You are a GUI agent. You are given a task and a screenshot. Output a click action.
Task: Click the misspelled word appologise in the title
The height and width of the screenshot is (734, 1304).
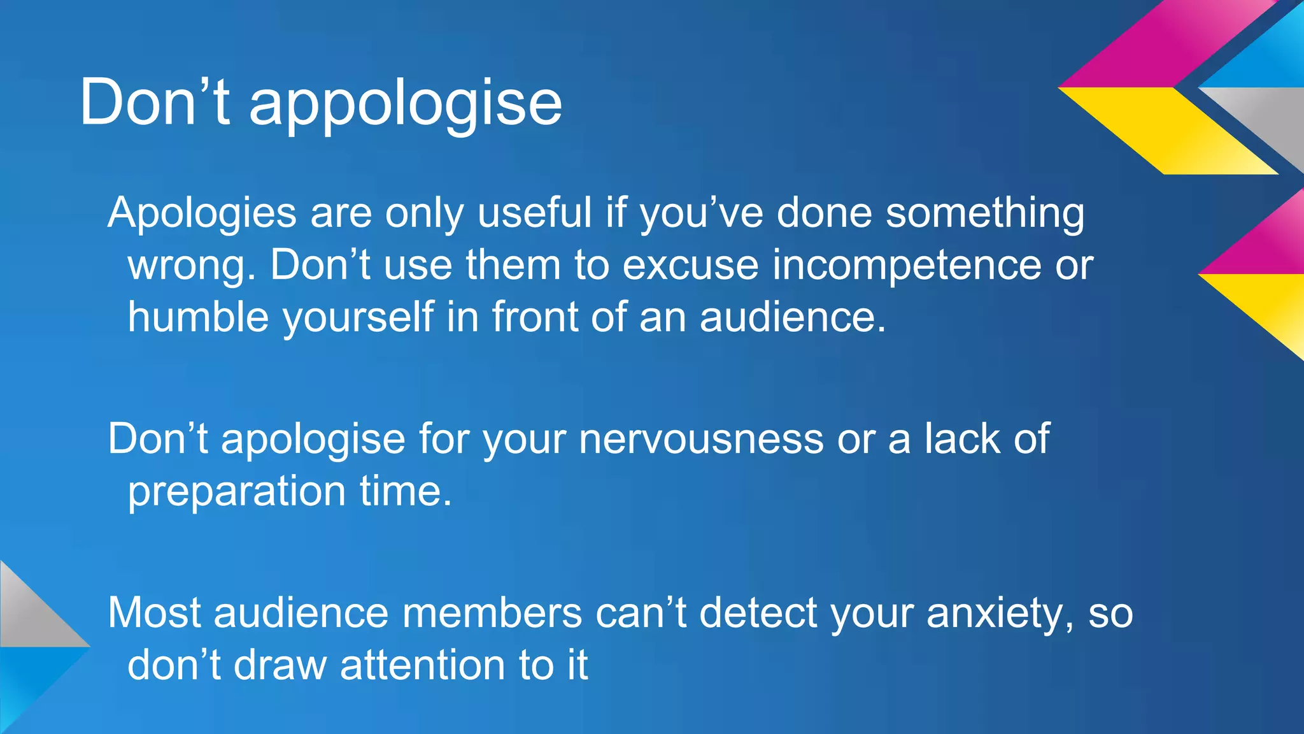(406, 104)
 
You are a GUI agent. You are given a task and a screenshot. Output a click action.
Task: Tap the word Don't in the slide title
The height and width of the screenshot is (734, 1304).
(154, 102)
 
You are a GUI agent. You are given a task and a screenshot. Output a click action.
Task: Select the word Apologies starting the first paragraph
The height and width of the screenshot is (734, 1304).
(202, 214)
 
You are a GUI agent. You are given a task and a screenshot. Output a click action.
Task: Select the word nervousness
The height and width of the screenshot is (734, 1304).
(701, 439)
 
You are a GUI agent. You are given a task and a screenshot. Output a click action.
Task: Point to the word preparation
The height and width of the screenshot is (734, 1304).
(236, 493)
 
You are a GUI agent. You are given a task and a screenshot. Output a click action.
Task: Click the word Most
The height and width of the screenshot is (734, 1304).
(153, 613)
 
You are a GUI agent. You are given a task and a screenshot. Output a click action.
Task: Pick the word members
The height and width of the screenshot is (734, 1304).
(492, 613)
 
